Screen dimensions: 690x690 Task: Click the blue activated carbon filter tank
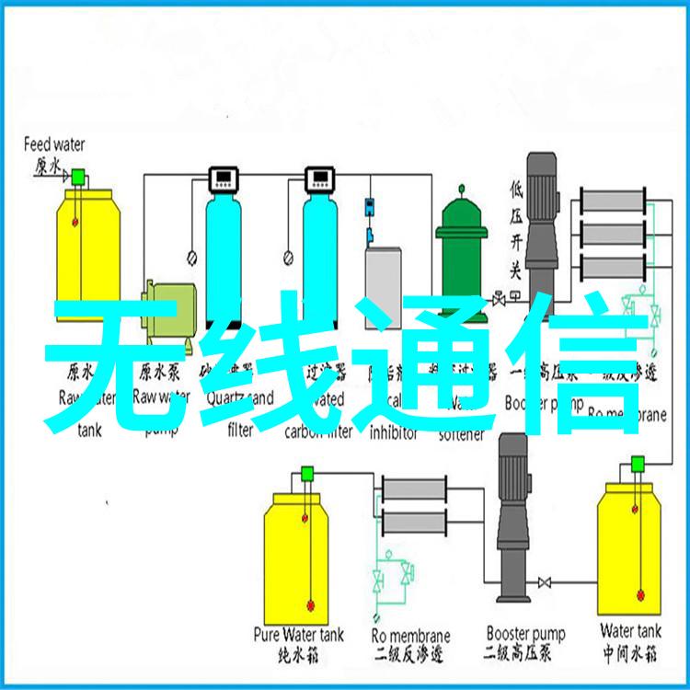pos(320,248)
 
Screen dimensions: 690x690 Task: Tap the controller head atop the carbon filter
pos(320,177)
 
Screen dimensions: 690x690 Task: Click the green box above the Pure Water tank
pos(307,474)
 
